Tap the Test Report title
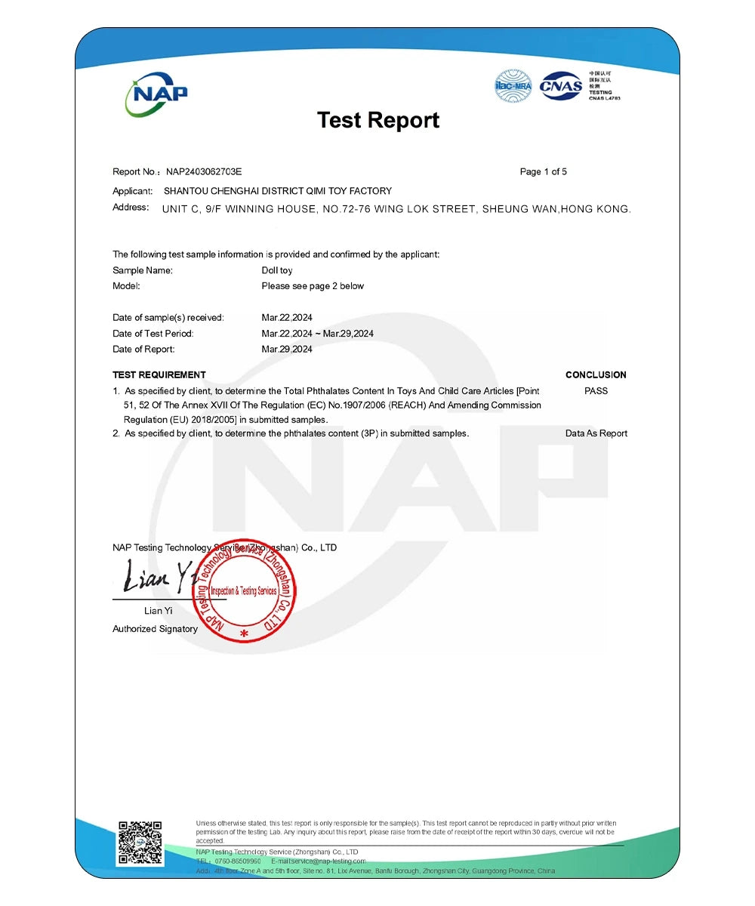pos(377,120)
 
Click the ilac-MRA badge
pos(513,85)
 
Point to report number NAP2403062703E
pos(204,172)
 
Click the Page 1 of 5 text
pos(543,172)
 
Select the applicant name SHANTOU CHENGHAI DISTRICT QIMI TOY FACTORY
pos(278,191)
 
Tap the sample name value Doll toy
pos(276,270)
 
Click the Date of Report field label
pos(143,350)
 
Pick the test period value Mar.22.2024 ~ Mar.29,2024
pos(317,334)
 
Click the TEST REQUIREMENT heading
pos(159,374)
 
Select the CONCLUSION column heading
pos(596,374)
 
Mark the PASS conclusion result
pos(596,391)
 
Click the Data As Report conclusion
pos(596,433)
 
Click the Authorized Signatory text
pos(155,629)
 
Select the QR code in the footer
pos(140,843)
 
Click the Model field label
pos(126,286)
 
